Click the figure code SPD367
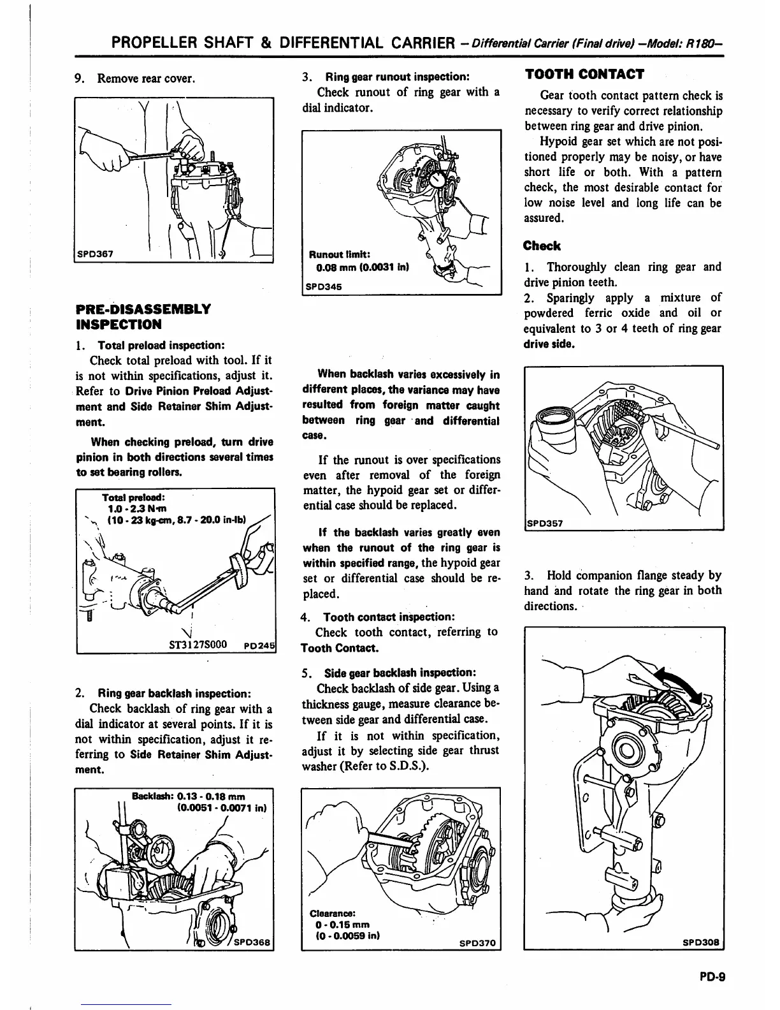coord(95,253)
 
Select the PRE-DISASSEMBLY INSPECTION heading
coord(143,317)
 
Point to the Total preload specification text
coord(168,509)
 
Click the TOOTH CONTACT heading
coord(584,74)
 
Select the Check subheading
coord(542,246)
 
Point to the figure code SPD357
coord(545,523)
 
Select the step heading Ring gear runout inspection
coord(397,77)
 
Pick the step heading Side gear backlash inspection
coord(400,673)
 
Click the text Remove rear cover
coord(145,78)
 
